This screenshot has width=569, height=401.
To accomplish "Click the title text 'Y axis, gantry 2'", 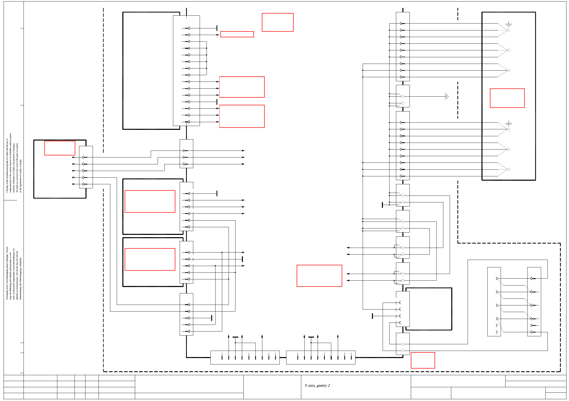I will [x=317, y=385].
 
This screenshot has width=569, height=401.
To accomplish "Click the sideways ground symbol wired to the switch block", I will [x=447, y=96].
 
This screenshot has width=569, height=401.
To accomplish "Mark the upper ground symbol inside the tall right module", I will [x=509, y=25].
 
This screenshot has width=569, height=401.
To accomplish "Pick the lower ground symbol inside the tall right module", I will [x=509, y=124].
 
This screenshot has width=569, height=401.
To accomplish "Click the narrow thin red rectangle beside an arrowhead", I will [x=237, y=34].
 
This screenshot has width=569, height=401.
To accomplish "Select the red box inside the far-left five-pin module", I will [x=60, y=148].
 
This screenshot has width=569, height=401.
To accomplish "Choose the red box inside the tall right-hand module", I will [x=507, y=98].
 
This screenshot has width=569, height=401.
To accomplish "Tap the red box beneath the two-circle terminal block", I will [x=423, y=360].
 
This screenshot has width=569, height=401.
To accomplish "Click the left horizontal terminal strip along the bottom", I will [x=245, y=357].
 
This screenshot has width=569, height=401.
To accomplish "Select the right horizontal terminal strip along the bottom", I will [x=321, y=357].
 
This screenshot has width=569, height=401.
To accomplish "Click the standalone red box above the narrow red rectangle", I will [x=277, y=22].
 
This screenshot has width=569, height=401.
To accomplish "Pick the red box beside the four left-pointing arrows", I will [x=319, y=276].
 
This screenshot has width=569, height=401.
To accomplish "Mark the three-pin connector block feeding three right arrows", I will [x=186, y=154].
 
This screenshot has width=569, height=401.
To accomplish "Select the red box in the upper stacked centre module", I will [x=150, y=201].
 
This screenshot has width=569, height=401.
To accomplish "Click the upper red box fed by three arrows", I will [x=242, y=87].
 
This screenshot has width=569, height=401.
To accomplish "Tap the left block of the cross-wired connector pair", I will [x=494, y=302].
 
